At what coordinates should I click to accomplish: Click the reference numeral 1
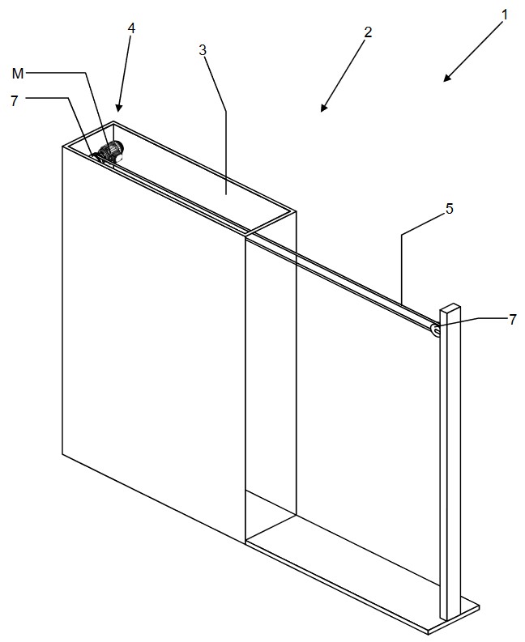505,15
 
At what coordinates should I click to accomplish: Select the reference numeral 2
368,32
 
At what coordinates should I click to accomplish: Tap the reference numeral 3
203,50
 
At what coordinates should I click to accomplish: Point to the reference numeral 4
131,28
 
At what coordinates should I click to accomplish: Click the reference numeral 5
450,209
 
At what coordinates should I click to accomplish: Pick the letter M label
18,74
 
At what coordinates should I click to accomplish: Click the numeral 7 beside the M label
15,100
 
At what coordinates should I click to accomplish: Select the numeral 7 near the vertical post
512,319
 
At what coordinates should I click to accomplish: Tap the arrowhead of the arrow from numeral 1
447,78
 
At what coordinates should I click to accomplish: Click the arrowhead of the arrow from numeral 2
324,108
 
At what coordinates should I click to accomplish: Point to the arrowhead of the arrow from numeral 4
119,108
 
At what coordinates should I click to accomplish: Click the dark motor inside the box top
112,151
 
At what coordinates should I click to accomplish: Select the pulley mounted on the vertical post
435,330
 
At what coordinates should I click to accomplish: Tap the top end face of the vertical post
450,308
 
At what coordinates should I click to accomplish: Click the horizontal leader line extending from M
56,74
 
